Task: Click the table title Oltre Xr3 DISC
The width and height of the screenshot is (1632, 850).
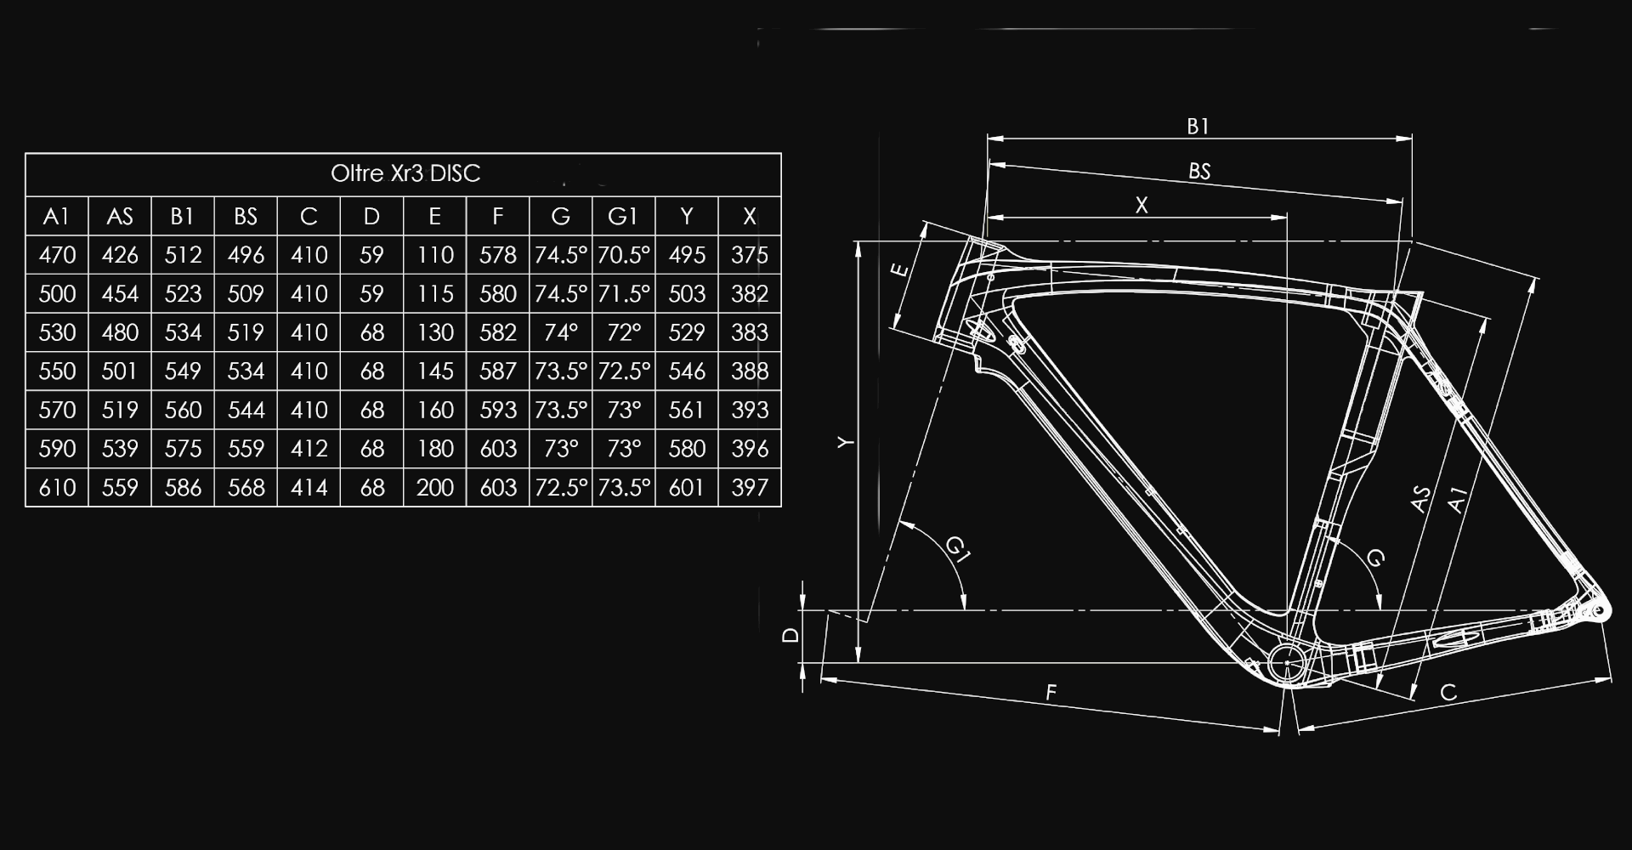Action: tap(405, 173)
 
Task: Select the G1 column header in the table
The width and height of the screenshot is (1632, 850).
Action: tap(623, 217)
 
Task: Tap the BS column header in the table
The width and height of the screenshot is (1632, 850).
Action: tap(246, 217)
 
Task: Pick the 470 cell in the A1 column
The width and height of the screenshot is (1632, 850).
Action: tap(57, 255)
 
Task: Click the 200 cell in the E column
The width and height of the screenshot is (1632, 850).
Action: tap(434, 488)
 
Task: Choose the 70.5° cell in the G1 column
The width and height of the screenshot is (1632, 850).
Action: tap(623, 255)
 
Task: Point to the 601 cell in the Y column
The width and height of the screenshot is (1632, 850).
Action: tap(686, 488)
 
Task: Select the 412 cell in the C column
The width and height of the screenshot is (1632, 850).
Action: tap(309, 449)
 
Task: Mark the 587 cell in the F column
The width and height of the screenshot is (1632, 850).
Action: tap(497, 371)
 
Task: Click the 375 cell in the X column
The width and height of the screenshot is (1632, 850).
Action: tap(749, 255)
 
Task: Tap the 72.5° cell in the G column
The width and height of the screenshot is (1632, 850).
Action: tap(560, 488)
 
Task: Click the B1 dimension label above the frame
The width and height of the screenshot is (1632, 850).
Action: tap(1198, 127)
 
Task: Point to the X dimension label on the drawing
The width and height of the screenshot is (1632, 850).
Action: tap(1142, 205)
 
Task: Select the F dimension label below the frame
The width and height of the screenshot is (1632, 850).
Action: tap(1051, 693)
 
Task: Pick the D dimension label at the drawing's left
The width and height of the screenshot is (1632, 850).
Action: tap(790, 635)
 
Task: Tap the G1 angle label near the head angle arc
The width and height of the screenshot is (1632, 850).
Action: tap(958, 551)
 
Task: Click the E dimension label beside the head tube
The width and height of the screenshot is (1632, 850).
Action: tap(899, 271)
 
